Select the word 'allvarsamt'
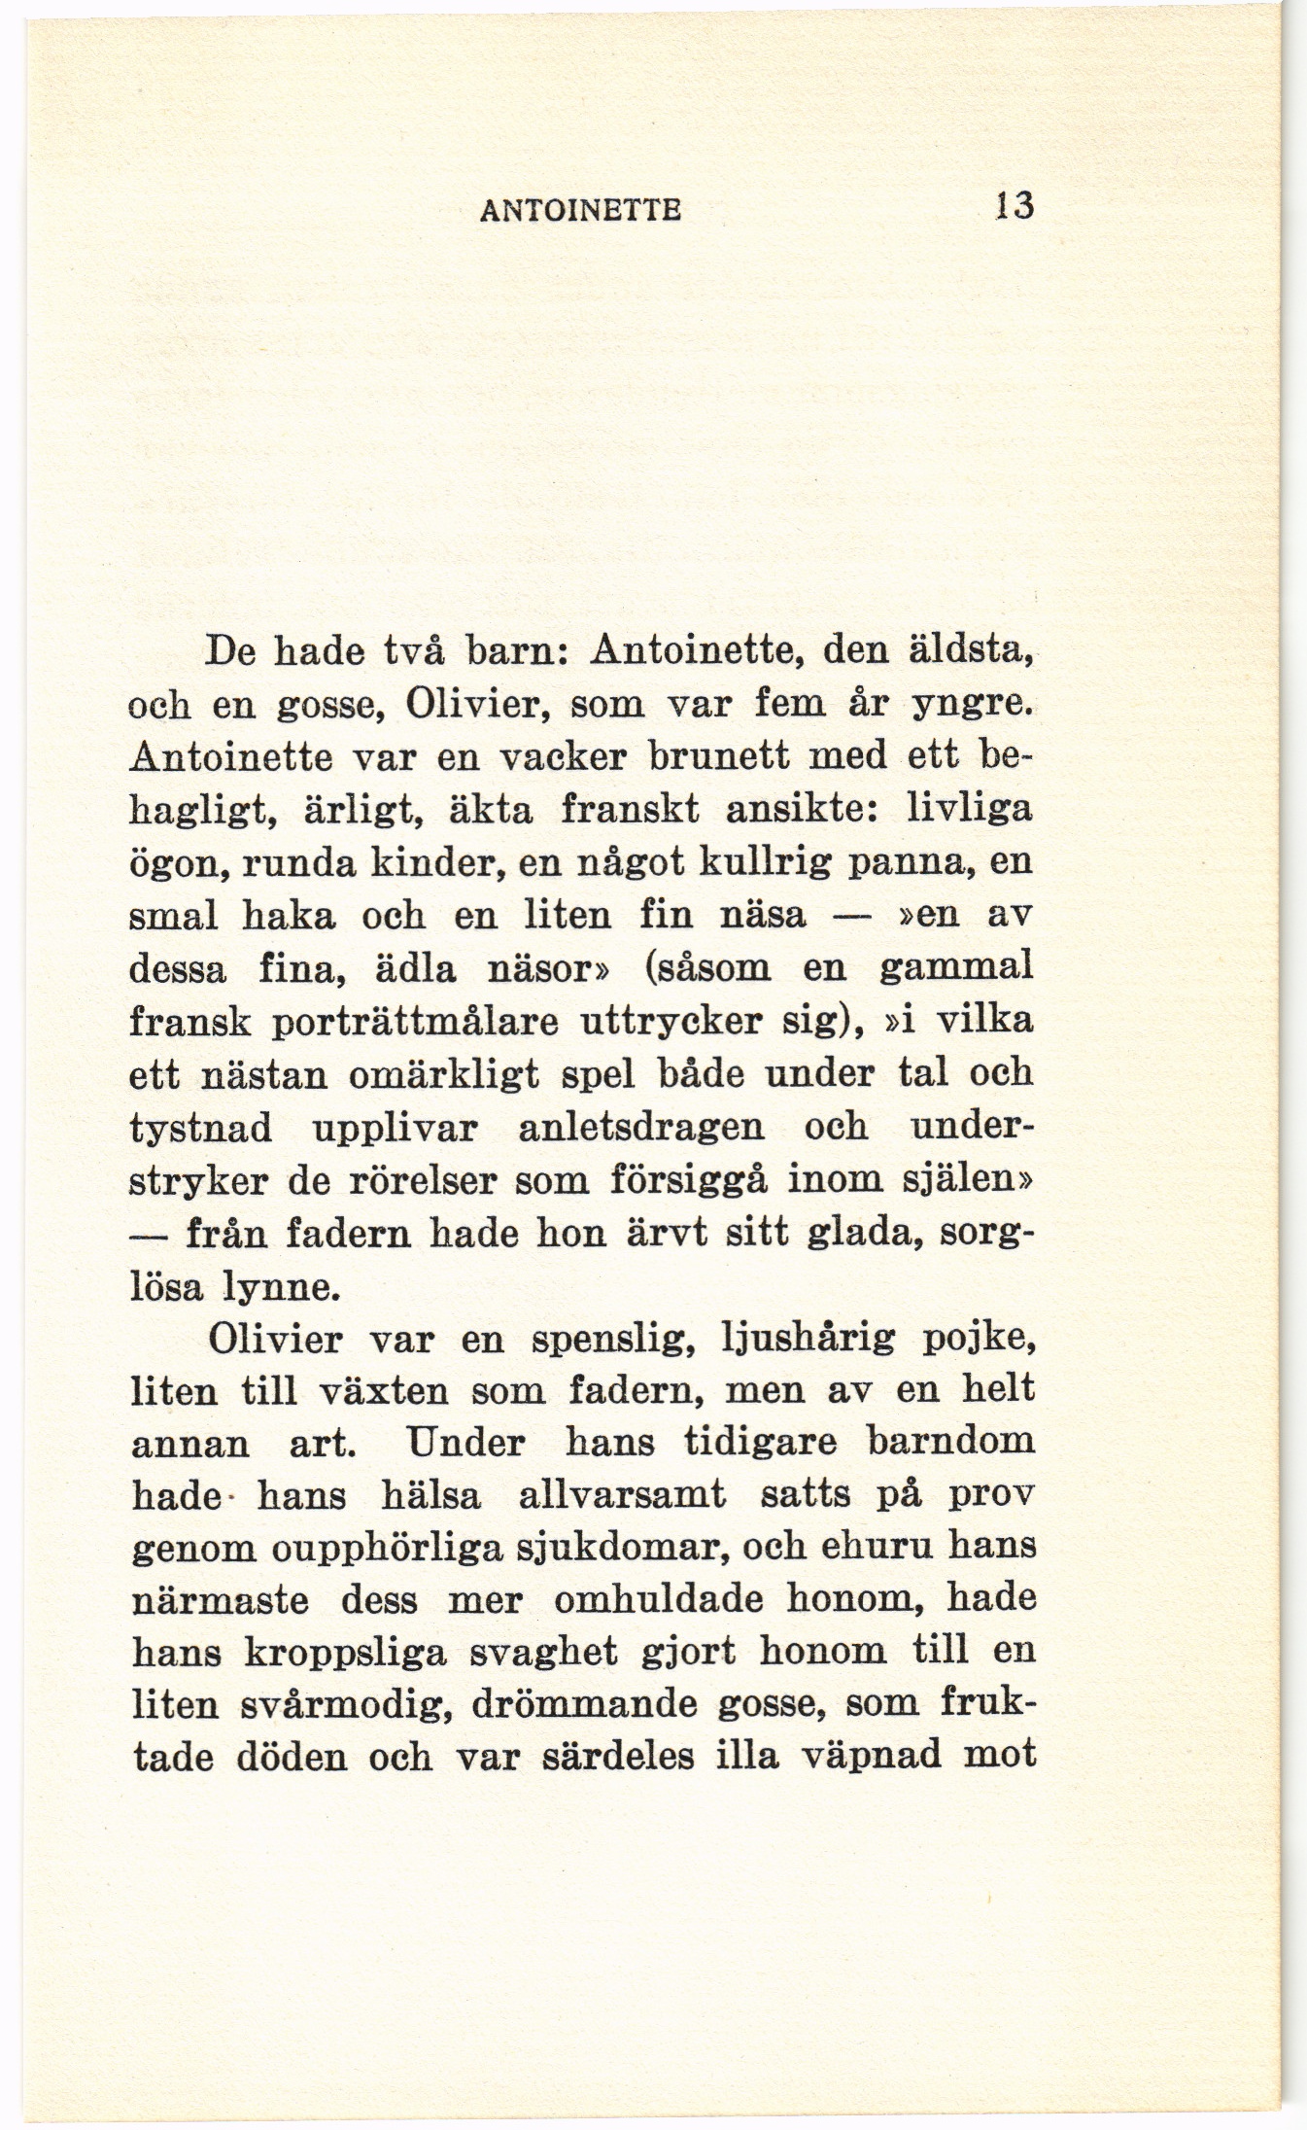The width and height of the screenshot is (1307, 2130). (622, 1495)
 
